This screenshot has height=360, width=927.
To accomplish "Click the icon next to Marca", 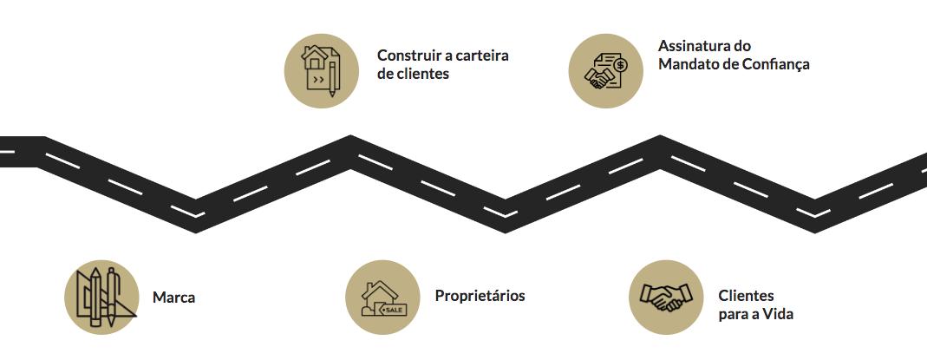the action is coord(101,297).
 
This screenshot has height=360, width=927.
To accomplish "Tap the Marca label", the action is coord(173,298).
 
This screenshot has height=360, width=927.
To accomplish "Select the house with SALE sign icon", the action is coord(383,297).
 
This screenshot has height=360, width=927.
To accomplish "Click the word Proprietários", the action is coord(480,296).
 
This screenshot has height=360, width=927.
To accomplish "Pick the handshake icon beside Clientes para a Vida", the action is coord(666,297).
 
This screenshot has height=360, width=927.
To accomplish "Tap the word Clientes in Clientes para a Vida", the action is coord(746,296).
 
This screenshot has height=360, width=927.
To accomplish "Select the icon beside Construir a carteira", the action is coord(322,71).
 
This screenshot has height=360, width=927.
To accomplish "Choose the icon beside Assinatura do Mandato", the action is coord(605,71).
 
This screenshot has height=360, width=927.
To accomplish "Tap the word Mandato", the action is coord(688,64).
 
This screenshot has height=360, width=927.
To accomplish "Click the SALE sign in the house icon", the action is coord(393,310).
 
